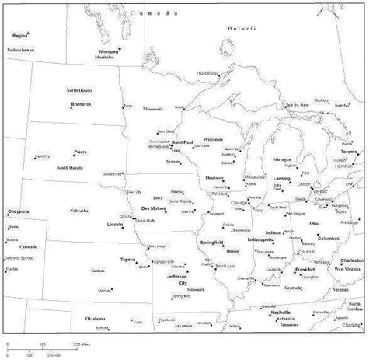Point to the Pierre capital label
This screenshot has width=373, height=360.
[x=81, y=151]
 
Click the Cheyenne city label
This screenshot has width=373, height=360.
[x=19, y=211]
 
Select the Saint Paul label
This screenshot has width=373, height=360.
[x=183, y=142]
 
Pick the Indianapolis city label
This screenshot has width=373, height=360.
[x=261, y=239]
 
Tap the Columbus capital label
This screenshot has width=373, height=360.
[x=329, y=238]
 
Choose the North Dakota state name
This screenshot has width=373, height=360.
[x=80, y=90]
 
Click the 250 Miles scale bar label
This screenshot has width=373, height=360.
[x=82, y=343]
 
